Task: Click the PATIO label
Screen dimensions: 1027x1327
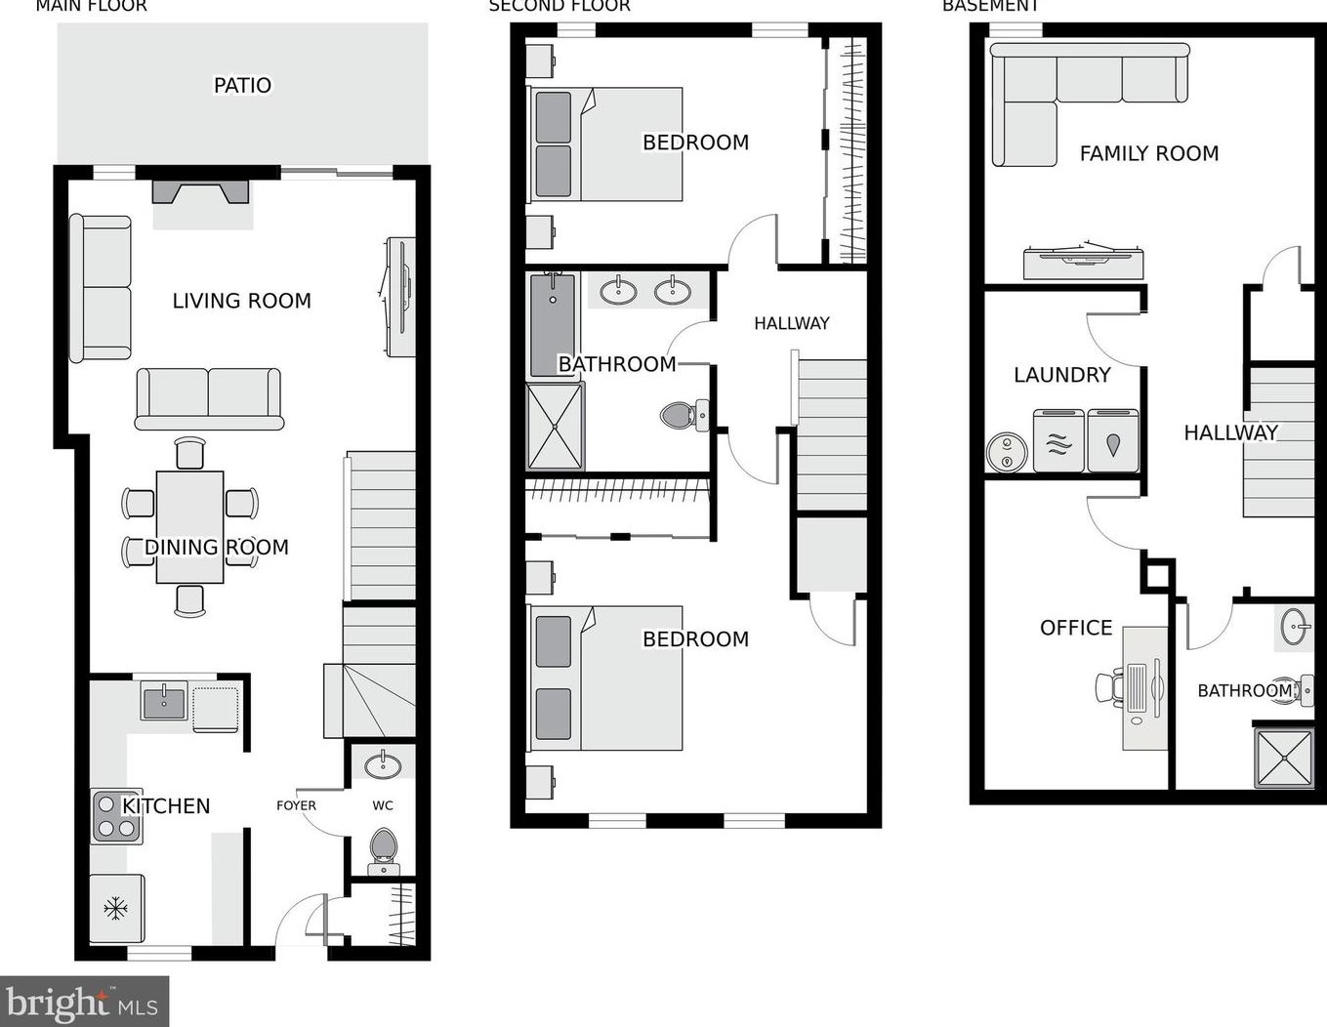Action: [x=242, y=86]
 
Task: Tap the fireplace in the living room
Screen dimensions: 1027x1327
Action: [x=201, y=192]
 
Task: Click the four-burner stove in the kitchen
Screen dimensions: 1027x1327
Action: [x=116, y=817]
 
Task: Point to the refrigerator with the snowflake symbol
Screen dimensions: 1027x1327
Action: [x=116, y=909]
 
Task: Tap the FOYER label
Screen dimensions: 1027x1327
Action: [x=296, y=805]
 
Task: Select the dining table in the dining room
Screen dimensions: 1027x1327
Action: [x=189, y=526]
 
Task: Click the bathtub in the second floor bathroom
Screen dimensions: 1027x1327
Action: [x=554, y=325]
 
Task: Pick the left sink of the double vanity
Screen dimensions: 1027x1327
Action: [x=618, y=291]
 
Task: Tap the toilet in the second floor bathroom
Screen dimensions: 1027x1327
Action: [x=682, y=416]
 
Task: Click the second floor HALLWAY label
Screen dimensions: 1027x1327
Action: [x=791, y=323]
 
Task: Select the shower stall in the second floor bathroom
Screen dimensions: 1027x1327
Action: [x=555, y=427]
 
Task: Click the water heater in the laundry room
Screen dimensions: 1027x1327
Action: [x=1006, y=453]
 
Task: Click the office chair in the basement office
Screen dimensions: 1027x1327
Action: [x=1109, y=687]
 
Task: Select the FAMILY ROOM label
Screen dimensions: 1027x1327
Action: [x=1148, y=153]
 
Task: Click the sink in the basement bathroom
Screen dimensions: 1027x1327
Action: [x=1296, y=627]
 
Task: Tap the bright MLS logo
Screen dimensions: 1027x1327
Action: [x=84, y=1003]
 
